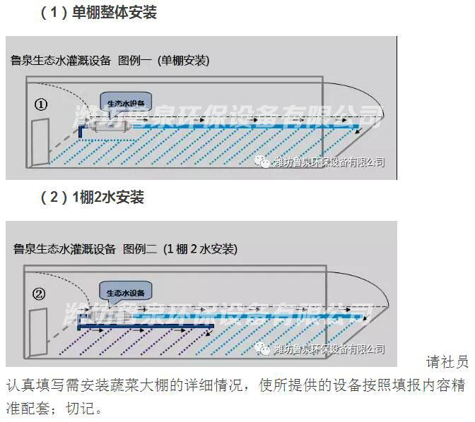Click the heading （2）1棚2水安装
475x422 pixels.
tap(92, 198)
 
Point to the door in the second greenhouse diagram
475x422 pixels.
tap(37, 330)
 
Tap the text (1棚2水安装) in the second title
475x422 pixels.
tap(200, 248)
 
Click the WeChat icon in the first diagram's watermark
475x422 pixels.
tap(262, 162)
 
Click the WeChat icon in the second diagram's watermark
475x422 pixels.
tap(262, 349)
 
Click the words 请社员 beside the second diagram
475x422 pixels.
tap(447, 363)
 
